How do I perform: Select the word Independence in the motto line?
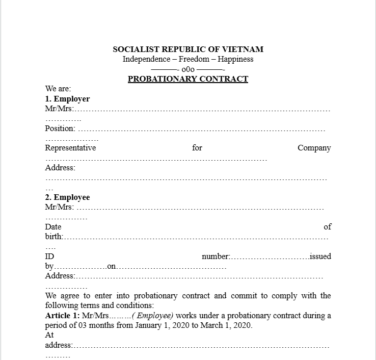pos(146,59)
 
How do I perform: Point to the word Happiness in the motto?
pos(235,59)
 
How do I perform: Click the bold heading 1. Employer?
pos(67,99)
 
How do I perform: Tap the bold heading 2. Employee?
pos(67,197)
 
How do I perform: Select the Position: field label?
pos(60,128)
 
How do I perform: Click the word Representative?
pos(70,148)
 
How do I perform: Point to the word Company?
pos(314,148)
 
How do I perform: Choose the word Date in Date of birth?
pos(53,227)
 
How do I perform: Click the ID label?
pos(49,256)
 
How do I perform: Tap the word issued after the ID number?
pos(320,256)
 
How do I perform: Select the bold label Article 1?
pos(62,316)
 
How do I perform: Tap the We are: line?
pos(58,89)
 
